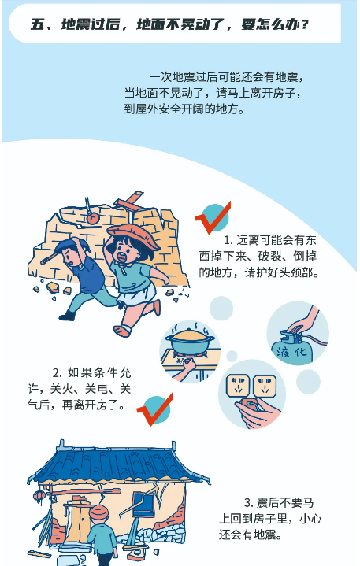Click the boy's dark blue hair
71,246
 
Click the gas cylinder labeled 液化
292,346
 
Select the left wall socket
237,386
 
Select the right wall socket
265,387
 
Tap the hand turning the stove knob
186,369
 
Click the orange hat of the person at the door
99,513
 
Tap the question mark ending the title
305,25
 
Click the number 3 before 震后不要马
247,502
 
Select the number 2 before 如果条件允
55,372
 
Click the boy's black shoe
67,316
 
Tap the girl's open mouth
122,257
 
